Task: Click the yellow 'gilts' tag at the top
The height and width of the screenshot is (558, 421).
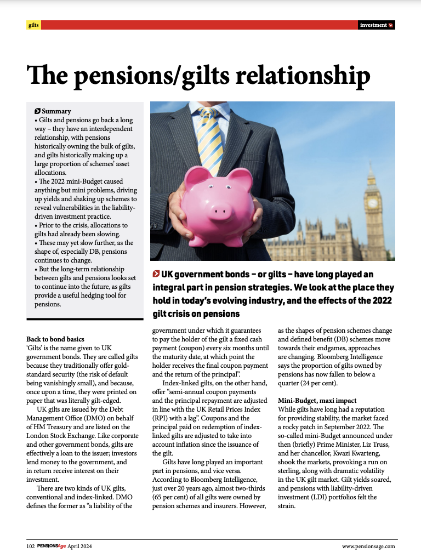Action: [x=33, y=25]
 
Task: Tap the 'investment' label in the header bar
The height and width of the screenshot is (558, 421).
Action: [x=373, y=25]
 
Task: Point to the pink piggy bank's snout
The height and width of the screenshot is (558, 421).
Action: [x=220, y=209]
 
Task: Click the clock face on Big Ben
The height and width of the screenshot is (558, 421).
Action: [x=373, y=203]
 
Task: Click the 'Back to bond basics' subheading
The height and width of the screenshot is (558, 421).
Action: [x=55, y=339]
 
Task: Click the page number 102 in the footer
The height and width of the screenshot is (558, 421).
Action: [x=31, y=546]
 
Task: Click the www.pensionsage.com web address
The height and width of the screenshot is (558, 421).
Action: [x=368, y=546]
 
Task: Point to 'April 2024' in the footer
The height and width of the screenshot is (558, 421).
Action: [x=81, y=546]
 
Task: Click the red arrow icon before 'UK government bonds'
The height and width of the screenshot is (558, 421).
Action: [x=156, y=274]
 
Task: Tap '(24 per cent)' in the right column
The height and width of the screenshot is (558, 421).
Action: [x=328, y=383]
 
